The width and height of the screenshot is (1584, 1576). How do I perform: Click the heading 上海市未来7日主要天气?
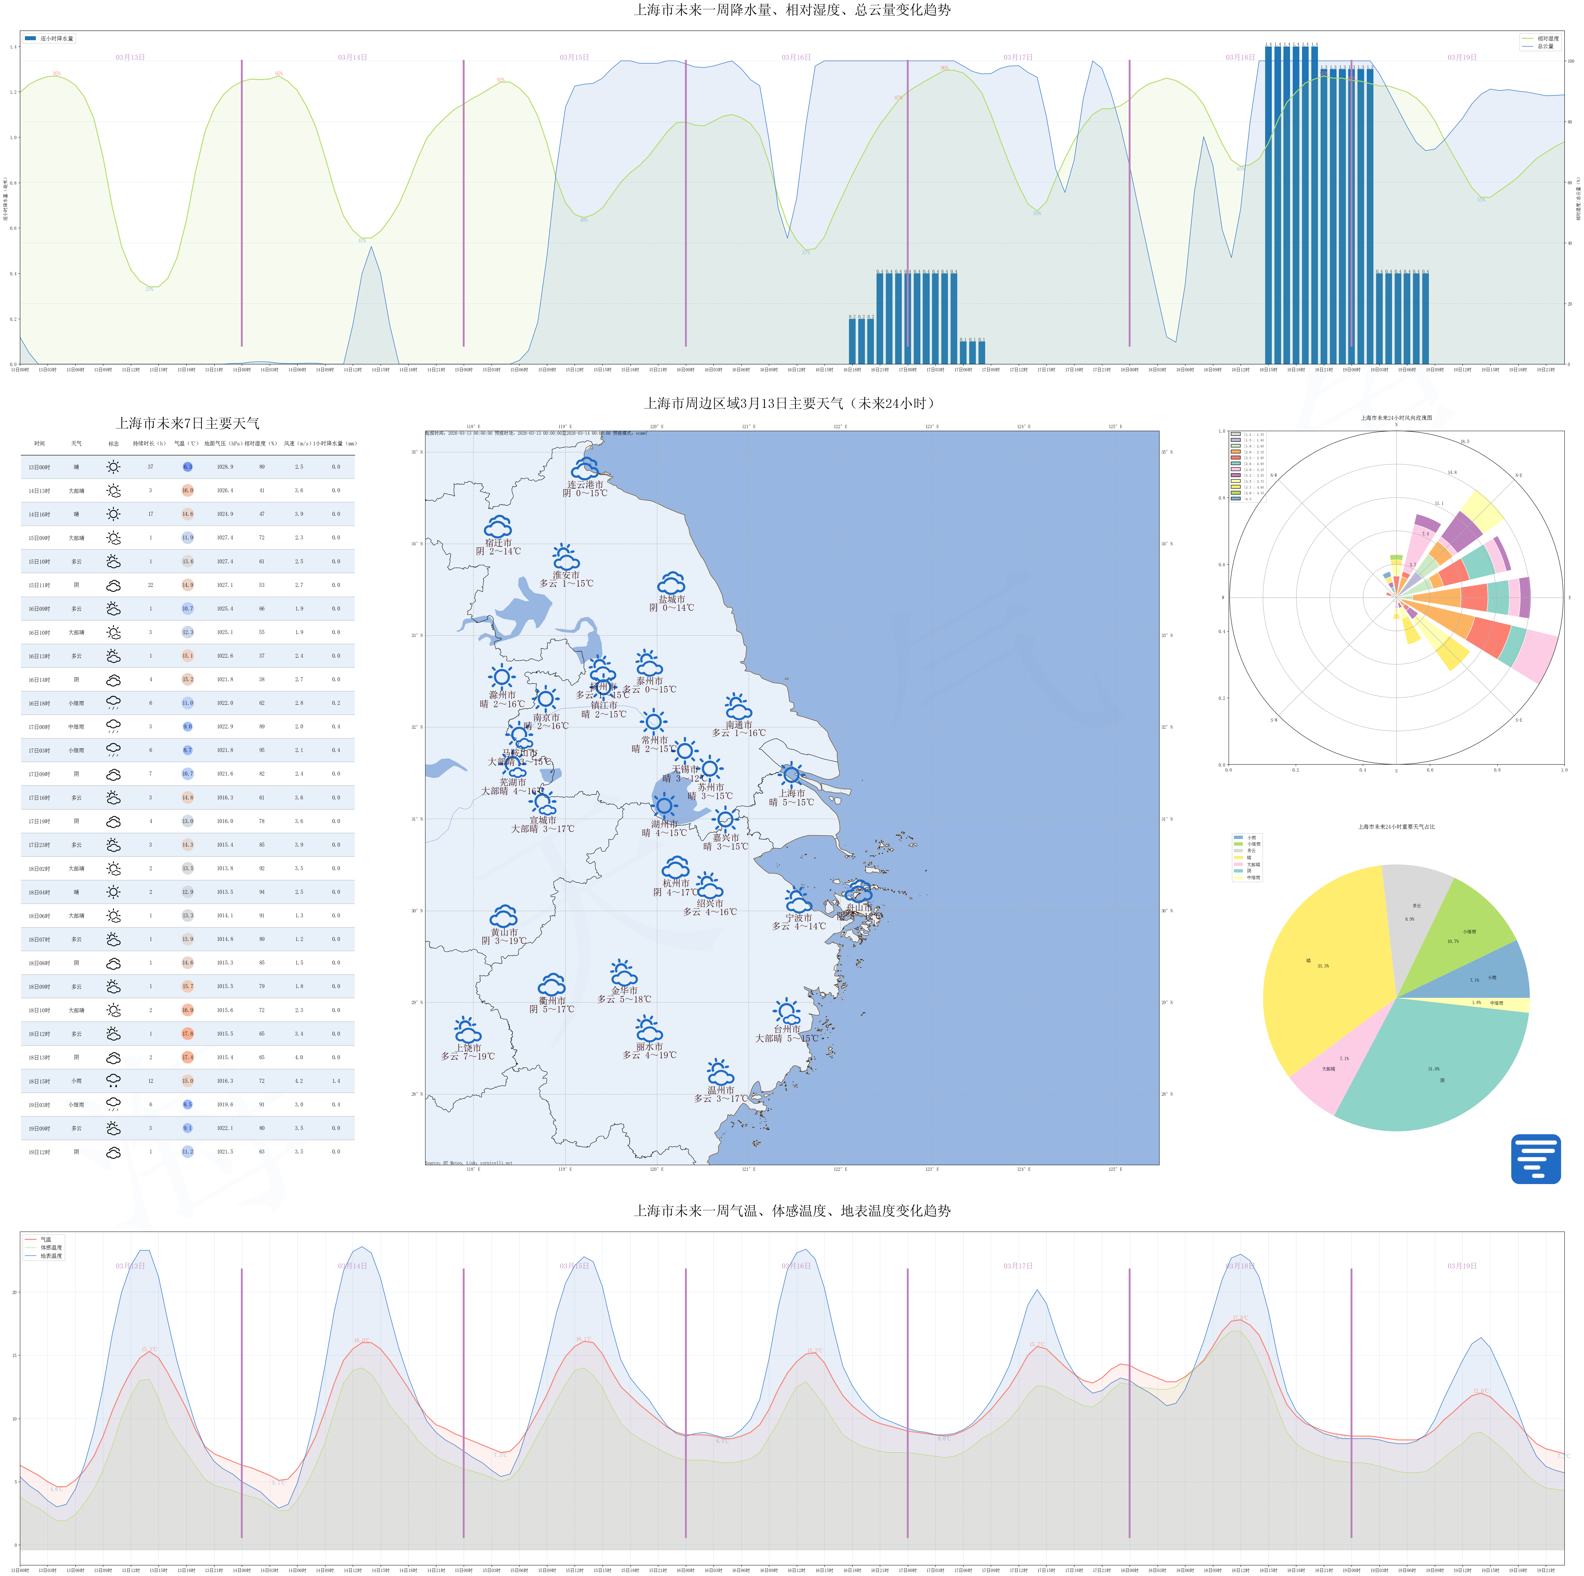click(188, 423)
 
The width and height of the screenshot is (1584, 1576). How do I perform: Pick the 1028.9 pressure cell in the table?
click(225, 467)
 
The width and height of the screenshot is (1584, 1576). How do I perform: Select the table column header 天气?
click(76, 444)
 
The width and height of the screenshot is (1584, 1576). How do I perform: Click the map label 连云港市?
click(585, 485)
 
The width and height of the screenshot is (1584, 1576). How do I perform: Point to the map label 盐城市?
click(672, 600)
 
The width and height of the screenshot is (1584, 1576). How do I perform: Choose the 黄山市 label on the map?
click(504, 932)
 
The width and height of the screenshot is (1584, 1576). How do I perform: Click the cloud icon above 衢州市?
click(552, 984)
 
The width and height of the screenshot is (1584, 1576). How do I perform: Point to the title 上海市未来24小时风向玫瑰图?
click(1396, 417)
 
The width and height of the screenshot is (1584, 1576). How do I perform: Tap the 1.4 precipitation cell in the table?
click(336, 1081)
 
